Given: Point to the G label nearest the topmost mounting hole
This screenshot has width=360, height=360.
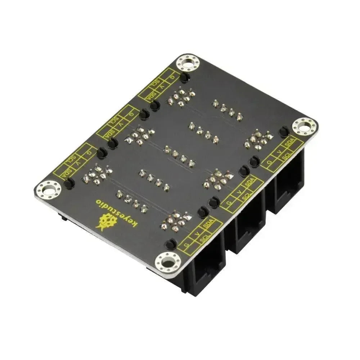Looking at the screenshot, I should pyautogui.click(x=173, y=77).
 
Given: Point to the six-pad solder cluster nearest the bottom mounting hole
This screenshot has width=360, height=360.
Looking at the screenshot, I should pyautogui.click(x=176, y=220).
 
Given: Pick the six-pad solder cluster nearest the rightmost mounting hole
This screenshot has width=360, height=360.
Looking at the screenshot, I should pyautogui.click(x=258, y=139).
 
